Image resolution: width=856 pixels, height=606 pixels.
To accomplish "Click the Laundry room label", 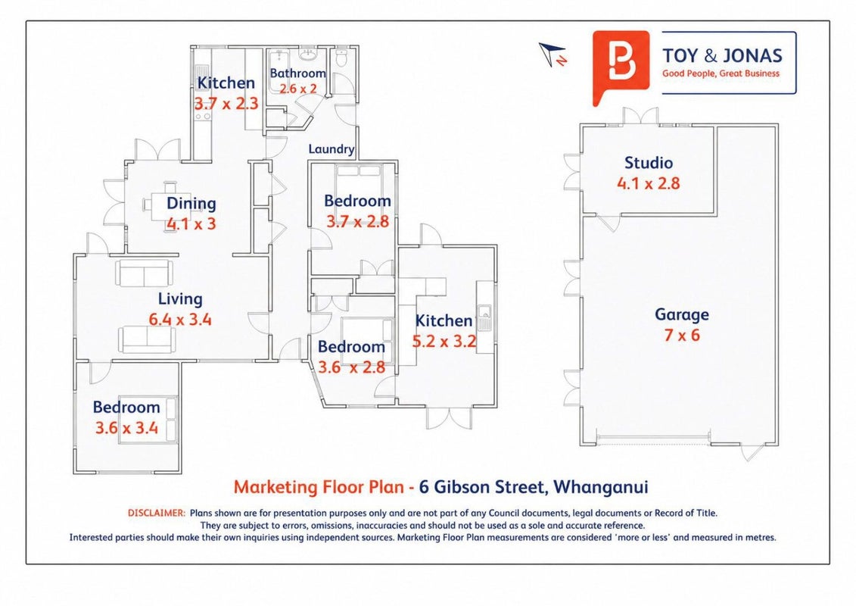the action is (x=332, y=149).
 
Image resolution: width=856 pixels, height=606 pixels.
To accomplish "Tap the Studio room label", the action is (x=649, y=163).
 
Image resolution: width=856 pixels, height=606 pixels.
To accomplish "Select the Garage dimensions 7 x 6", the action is (x=682, y=335).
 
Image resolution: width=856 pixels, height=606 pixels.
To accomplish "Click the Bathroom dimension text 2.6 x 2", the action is (x=298, y=89).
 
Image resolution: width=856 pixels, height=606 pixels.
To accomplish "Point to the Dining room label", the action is (x=191, y=204).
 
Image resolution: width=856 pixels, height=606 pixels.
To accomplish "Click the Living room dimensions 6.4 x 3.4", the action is (x=180, y=320).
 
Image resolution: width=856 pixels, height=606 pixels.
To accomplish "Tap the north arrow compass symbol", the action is (x=553, y=54).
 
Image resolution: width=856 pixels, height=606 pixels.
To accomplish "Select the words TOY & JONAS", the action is (x=722, y=56).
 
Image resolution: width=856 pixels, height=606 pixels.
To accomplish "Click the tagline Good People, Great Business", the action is (x=721, y=73).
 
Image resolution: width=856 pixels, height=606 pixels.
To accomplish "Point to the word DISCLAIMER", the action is (x=157, y=513).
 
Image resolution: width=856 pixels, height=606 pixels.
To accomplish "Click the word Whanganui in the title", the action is (x=601, y=487).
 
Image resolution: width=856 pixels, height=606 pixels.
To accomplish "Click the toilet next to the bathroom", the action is (x=342, y=56).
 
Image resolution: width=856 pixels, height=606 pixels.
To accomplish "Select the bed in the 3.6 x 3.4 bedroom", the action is (x=149, y=419).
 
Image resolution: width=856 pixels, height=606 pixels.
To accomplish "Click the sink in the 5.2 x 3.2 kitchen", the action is (x=485, y=319).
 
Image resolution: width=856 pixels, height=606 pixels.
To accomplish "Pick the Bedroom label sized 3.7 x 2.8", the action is (x=357, y=201).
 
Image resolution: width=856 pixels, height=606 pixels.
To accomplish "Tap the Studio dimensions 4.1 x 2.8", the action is (x=649, y=183).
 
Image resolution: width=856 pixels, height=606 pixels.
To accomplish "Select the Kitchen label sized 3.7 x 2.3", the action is (x=226, y=83).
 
